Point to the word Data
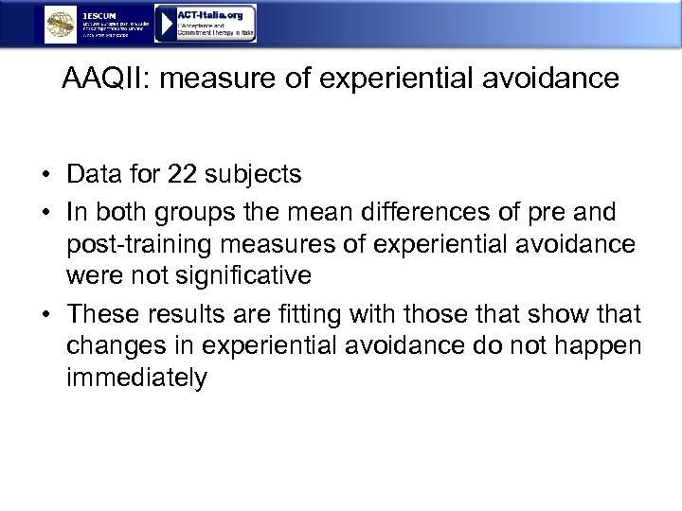[94, 175]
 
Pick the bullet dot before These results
[45, 314]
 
